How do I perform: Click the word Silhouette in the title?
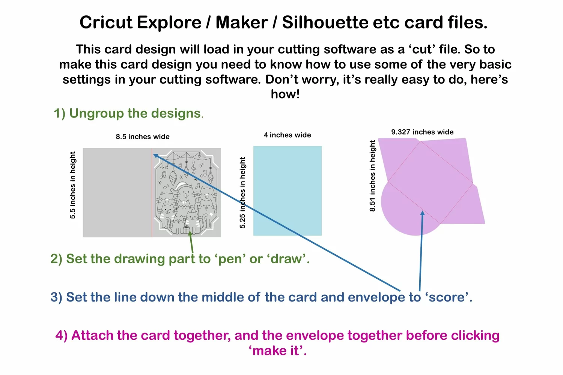(325, 22)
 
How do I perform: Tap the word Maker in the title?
(242, 22)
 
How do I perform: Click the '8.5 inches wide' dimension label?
(143, 136)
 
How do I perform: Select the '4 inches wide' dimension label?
(287, 135)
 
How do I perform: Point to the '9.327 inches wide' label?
(422, 132)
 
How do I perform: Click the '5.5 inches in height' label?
(73, 185)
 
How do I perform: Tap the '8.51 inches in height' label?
(372, 176)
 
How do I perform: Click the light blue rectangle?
(287, 191)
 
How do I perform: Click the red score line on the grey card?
(152, 193)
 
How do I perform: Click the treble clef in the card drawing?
(194, 167)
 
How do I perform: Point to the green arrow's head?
(190, 233)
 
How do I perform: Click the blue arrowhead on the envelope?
(423, 213)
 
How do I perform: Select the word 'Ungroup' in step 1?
(96, 113)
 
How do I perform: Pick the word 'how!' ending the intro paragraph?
(285, 94)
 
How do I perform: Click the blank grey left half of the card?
(117, 193)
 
